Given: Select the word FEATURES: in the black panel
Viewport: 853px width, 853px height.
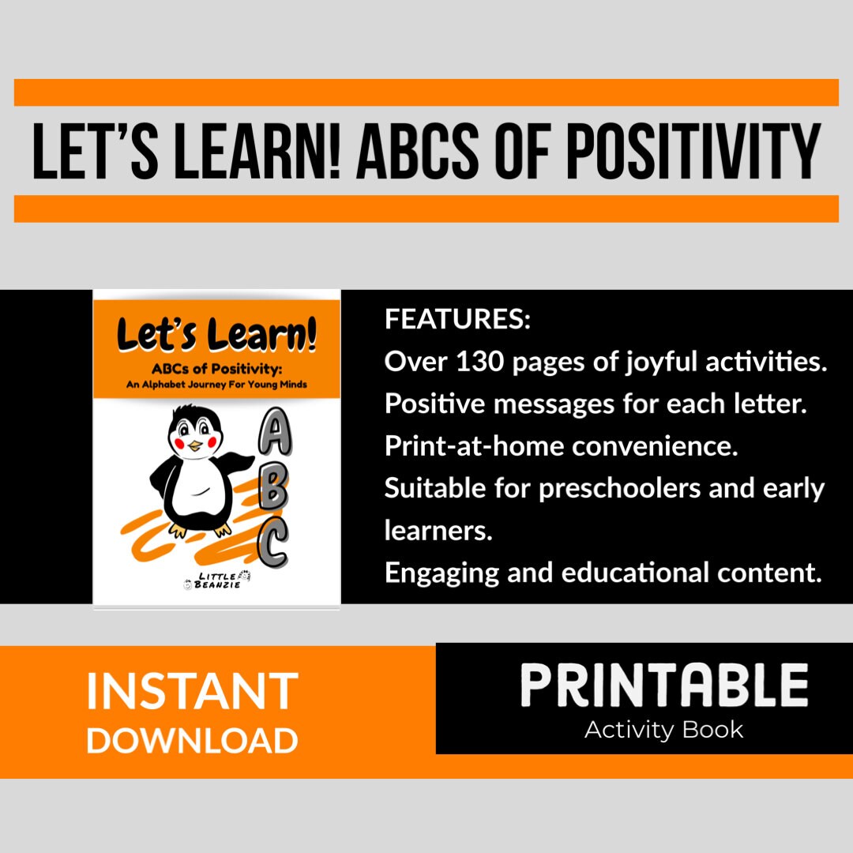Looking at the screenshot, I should (x=457, y=321).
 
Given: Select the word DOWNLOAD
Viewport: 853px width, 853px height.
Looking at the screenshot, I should (x=192, y=740).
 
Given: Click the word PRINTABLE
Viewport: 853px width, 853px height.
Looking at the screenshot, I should (x=663, y=686).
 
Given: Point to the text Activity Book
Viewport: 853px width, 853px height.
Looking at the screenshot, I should (x=663, y=729).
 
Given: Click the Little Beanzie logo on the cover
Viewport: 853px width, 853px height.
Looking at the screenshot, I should (x=216, y=583).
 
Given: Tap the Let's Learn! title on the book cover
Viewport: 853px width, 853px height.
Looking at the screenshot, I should (x=216, y=334).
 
